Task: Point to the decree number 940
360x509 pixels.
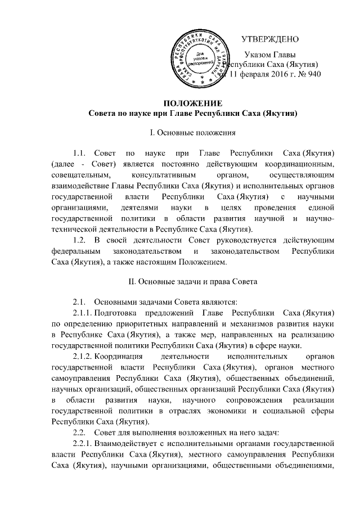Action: pos(313,74)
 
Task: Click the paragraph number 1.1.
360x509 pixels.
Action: pos(82,153)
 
